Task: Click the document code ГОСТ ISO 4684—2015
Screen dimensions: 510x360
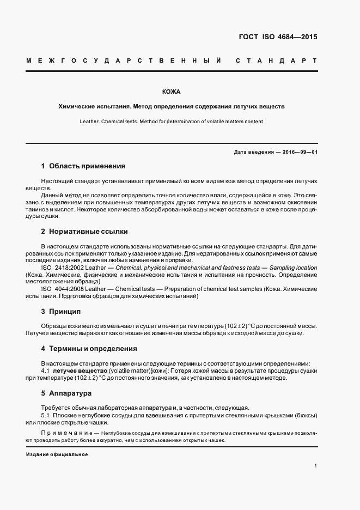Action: (x=278, y=38)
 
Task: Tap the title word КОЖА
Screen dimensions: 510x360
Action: (x=172, y=92)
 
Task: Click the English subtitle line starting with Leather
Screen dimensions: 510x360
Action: (x=172, y=122)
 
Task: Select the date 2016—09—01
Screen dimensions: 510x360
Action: (x=299, y=152)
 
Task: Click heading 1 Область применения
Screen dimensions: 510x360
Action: (x=83, y=166)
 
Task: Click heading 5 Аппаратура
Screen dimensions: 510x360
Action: (x=66, y=392)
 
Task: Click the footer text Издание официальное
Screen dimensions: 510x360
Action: (x=57, y=454)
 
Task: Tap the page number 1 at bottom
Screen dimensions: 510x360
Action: (x=316, y=466)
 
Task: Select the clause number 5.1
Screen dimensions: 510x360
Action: (x=46, y=415)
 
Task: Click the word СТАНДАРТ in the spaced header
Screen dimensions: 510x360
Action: (x=276, y=60)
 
